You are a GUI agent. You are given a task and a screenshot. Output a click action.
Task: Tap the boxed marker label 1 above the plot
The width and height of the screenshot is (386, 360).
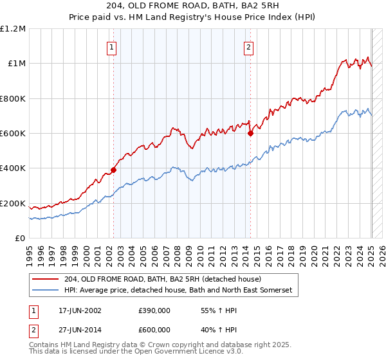[112, 46]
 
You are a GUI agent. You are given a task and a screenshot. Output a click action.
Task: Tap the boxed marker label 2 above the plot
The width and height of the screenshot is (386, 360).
[248, 46]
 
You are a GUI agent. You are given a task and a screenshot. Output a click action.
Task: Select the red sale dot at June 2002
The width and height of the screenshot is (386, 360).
[113, 170]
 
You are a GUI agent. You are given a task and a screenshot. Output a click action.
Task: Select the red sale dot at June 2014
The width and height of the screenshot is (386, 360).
[250, 134]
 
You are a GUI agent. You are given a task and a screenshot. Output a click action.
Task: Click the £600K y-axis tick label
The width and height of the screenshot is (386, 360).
[13, 134]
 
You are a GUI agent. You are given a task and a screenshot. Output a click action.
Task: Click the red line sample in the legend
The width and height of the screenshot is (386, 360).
[46, 279]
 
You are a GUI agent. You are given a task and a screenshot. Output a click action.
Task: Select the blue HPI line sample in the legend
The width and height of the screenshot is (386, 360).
[46, 291]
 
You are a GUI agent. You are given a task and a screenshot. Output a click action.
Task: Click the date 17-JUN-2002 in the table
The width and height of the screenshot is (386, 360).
[80, 310]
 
